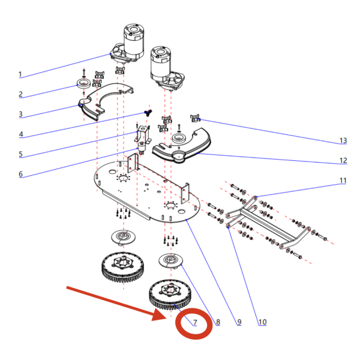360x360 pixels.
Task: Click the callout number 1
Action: [20, 74]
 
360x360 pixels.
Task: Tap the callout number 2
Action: [20, 94]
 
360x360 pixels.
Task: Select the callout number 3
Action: [20, 114]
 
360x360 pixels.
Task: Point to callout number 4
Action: [20, 134]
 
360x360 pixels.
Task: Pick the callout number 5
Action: [20, 154]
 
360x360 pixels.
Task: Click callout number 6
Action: [20, 174]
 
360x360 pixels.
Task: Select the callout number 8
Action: [217, 322]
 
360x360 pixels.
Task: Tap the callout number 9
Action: [239, 322]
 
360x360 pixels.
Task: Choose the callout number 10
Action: [262, 322]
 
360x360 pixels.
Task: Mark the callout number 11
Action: [343, 181]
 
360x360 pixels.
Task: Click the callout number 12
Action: [343, 160]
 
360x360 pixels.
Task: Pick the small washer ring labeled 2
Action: [83, 82]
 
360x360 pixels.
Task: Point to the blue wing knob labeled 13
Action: [194, 117]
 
